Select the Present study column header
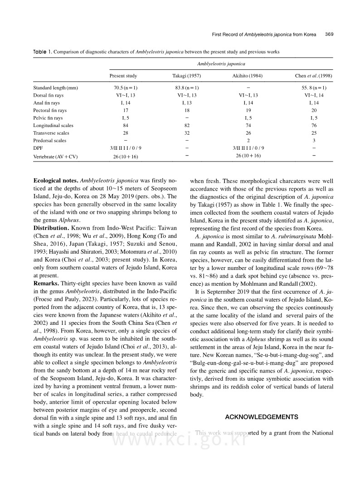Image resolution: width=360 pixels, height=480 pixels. [x=123, y=76]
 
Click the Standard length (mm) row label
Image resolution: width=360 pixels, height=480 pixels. [x=56, y=88]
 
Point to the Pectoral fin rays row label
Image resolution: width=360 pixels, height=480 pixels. [x=50, y=110]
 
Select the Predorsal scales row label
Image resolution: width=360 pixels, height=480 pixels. [x=50, y=141]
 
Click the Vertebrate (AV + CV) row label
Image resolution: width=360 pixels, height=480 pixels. [x=56, y=156]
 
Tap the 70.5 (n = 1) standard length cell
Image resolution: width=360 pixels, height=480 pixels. [x=123, y=88]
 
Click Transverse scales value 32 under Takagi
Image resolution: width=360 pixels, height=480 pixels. [x=185, y=133]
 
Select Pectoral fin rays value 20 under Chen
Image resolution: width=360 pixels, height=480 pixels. [x=314, y=110]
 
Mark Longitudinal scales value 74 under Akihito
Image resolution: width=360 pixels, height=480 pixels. [x=248, y=125]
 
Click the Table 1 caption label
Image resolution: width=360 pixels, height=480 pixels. [x=42, y=52]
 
